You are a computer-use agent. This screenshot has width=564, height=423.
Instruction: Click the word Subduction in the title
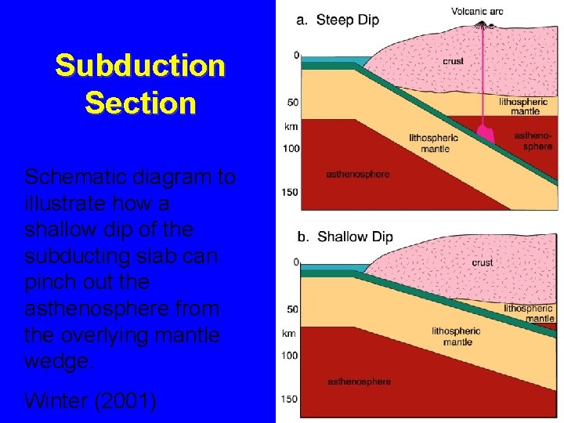pyautogui.click(x=139, y=67)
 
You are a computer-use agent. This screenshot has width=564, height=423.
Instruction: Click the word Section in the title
pyautogui.click(x=139, y=103)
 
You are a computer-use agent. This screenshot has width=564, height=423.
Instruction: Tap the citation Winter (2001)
pyautogui.click(x=90, y=401)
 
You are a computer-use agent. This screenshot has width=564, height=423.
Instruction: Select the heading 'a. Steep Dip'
pyautogui.click(x=338, y=20)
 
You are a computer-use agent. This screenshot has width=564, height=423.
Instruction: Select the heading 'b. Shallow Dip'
pyautogui.click(x=345, y=237)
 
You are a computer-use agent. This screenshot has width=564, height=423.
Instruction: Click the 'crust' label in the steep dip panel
pyautogui.click(x=453, y=60)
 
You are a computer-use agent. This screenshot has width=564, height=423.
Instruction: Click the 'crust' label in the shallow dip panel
pyautogui.click(x=483, y=262)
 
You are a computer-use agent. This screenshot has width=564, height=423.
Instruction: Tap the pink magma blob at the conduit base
pyautogui.click(x=485, y=134)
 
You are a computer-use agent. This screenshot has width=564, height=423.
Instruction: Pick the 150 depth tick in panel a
pyautogui.click(x=290, y=193)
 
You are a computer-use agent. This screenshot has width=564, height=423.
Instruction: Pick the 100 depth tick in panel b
pyautogui.click(x=290, y=356)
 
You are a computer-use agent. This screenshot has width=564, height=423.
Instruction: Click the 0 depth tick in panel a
pyautogui.click(x=295, y=56)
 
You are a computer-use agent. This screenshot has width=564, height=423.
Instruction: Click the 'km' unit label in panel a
pyautogui.click(x=290, y=125)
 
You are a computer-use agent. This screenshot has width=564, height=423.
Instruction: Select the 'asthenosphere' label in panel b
pyautogui.click(x=359, y=381)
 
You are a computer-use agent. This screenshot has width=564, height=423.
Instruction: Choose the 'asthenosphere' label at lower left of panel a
pyautogui.click(x=357, y=174)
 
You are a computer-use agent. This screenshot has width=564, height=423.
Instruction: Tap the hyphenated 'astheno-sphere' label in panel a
pyautogui.click(x=533, y=141)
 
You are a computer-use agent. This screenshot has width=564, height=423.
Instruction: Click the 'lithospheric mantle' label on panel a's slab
pyautogui.click(x=434, y=143)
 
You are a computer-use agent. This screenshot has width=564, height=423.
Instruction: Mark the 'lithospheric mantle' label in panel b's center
pyautogui.click(x=456, y=336)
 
